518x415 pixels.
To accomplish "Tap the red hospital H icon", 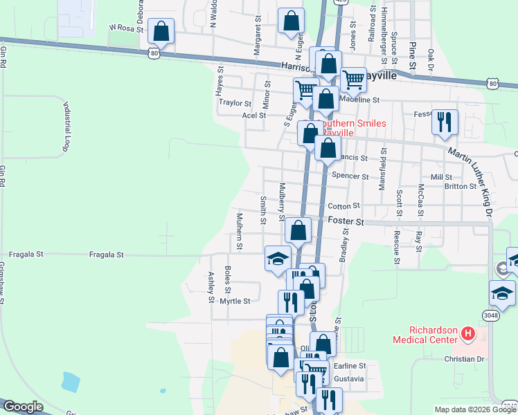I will [x=469, y=335].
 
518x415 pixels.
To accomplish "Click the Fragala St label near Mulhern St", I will [x=106, y=255].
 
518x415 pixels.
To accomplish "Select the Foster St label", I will [x=346, y=221].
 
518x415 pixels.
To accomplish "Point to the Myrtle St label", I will [x=234, y=301].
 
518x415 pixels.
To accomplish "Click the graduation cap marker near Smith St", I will [x=278, y=259].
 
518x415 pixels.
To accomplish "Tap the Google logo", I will [x=23, y=407].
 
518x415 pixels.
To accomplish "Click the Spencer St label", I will [x=350, y=176].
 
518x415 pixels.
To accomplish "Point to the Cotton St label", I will [x=343, y=206].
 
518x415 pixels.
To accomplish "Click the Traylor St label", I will [x=235, y=103].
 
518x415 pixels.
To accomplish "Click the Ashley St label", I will [x=212, y=287].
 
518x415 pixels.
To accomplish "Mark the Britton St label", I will [x=461, y=186].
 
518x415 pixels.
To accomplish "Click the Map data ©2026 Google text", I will [x=475, y=409].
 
